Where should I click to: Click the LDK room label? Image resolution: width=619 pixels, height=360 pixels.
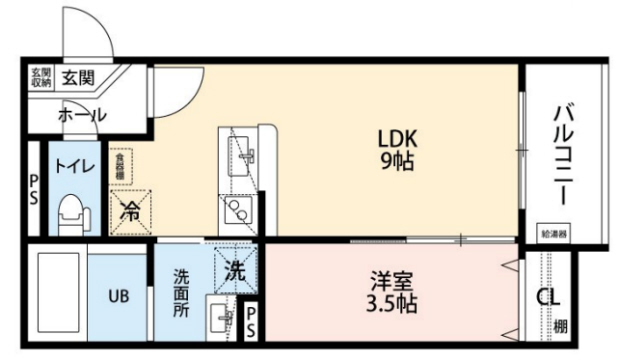pos(396,138)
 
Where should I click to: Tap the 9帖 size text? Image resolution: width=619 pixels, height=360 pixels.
pos(396,161)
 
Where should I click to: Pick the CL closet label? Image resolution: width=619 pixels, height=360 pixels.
pos(546,297)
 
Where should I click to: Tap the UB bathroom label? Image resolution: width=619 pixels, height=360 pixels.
pos(118,296)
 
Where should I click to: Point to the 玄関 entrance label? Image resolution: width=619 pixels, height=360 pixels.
pos(75,77)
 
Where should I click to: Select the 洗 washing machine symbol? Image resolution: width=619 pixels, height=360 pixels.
pos(233,268)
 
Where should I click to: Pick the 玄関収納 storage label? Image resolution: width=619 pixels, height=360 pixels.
pos(40,77)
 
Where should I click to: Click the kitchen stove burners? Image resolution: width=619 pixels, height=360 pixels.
pos(239,209)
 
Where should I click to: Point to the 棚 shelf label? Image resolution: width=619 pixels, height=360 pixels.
pos(562,325)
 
